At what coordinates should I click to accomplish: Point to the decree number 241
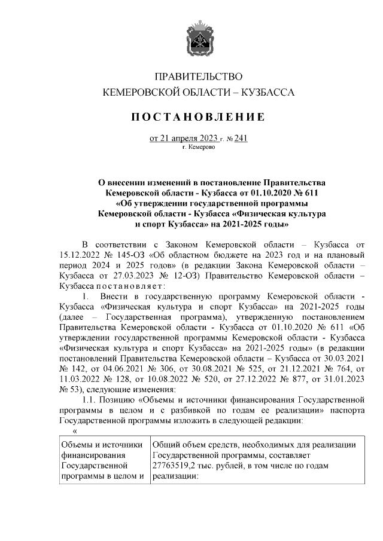click(241, 139)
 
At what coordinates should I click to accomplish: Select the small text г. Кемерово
click(198, 147)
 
